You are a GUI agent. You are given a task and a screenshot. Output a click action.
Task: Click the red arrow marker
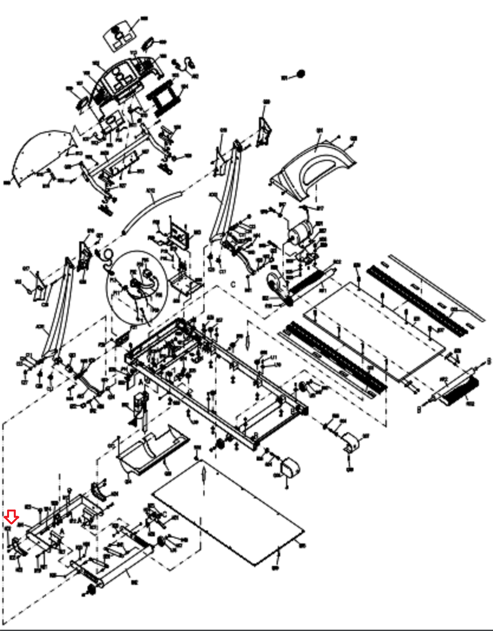tap(11, 517)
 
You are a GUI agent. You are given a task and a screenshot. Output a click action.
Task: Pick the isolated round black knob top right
tap(301, 74)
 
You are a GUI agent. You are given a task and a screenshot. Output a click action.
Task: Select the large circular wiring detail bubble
tap(137, 287)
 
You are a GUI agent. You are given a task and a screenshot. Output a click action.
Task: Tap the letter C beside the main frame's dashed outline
tap(233, 285)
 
